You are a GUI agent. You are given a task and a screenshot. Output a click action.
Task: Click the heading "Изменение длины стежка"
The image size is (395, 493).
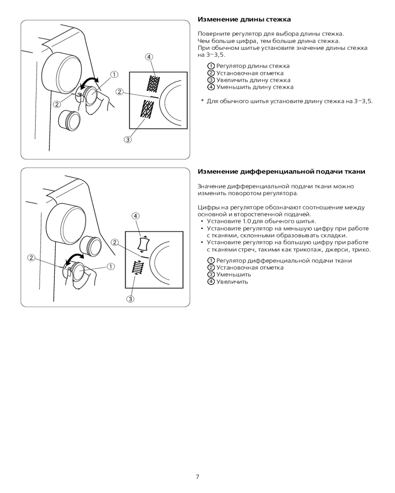(x=244, y=20)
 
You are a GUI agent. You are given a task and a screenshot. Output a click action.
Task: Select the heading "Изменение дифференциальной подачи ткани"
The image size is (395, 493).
(x=281, y=172)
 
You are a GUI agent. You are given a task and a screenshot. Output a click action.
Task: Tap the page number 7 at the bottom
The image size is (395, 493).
(x=197, y=477)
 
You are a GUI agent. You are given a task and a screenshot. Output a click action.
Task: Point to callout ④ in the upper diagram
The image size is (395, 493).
(x=149, y=56)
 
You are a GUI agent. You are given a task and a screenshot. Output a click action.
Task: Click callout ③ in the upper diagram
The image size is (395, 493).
(x=127, y=140)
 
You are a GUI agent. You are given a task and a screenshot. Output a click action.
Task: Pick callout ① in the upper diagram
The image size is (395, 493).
(x=114, y=74)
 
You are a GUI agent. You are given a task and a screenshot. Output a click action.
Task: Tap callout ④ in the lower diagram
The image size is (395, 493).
(x=135, y=216)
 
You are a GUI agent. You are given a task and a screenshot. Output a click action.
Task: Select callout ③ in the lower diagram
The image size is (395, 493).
(x=131, y=299)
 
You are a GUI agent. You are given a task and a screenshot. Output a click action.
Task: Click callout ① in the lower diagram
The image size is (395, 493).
(x=111, y=266)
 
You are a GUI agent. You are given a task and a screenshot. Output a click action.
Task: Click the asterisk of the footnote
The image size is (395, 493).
(x=202, y=101)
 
